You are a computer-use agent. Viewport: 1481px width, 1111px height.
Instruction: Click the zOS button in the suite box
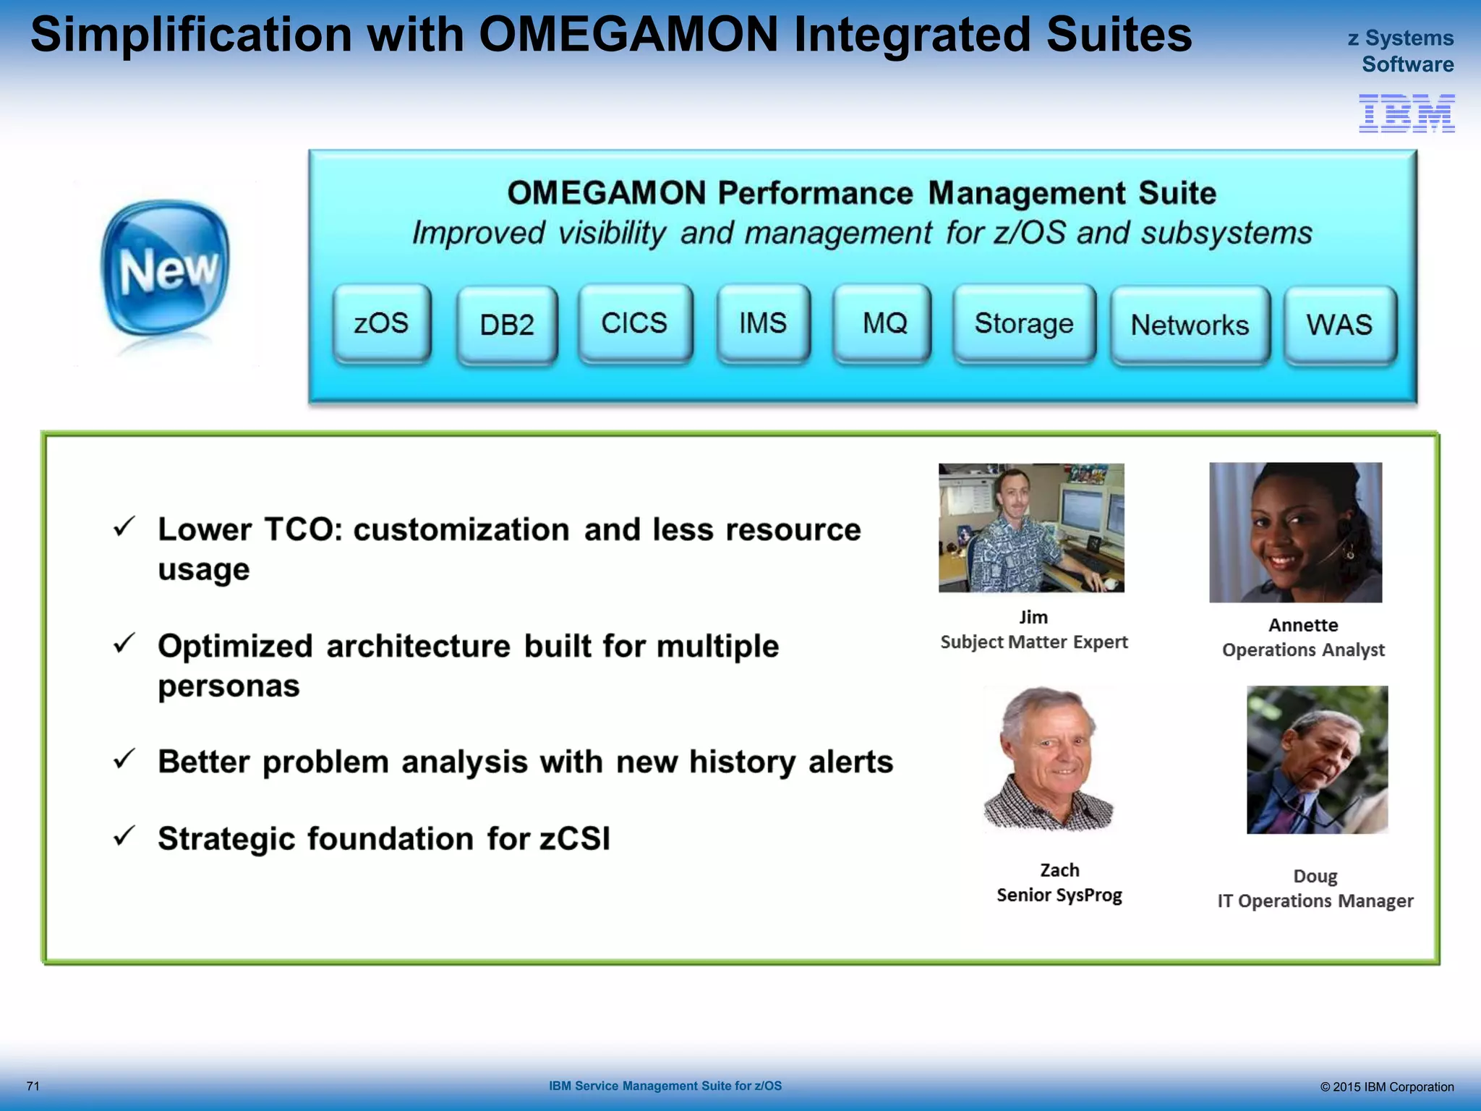click(382, 323)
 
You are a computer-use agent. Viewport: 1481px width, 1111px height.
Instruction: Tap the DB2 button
click(507, 325)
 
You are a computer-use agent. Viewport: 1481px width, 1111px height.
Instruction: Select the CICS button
click(635, 323)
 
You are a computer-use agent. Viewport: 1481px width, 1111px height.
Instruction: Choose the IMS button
click(763, 323)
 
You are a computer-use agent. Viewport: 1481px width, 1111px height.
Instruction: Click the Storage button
click(1024, 323)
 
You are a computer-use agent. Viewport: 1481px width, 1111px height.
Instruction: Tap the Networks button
click(1190, 325)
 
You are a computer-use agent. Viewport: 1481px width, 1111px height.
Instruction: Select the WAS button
click(1339, 325)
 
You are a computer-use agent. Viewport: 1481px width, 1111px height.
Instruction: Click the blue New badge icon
click(166, 269)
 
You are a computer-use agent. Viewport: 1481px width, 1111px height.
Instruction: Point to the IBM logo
click(1407, 114)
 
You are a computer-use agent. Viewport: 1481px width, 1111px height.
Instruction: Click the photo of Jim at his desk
click(1031, 528)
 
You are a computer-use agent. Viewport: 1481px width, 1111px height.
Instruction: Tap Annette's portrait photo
click(1295, 532)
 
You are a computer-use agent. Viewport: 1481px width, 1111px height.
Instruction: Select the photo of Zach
click(1049, 759)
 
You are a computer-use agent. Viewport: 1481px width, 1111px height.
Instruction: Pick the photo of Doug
click(1317, 759)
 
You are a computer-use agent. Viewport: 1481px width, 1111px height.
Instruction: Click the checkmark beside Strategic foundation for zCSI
click(124, 836)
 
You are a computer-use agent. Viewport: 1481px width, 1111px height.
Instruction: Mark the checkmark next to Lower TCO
click(124, 527)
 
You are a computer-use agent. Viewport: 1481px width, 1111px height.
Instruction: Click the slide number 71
click(33, 1086)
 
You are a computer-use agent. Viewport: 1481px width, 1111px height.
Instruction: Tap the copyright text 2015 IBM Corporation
click(1386, 1086)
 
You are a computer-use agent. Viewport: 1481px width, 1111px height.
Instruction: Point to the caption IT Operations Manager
click(1315, 901)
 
